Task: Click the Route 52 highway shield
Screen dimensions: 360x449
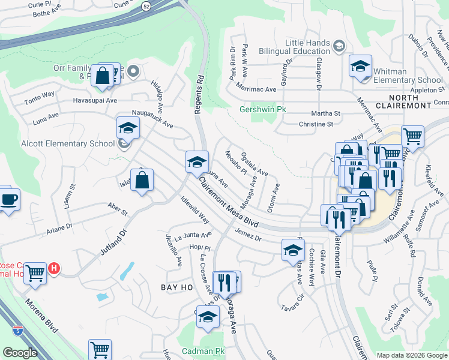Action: tap(146, 5)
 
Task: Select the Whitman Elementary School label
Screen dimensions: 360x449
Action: tap(408, 76)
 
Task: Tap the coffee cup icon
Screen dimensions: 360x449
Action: tap(8, 199)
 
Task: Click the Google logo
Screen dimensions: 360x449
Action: tap(20, 353)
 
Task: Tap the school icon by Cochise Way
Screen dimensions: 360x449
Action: tap(293, 250)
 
